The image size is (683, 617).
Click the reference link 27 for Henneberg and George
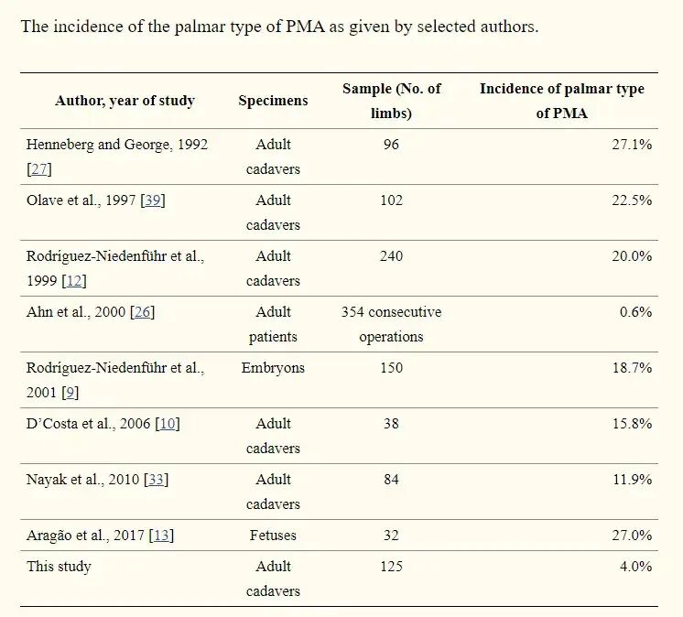[x=39, y=169]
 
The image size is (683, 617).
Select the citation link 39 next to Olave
[x=153, y=200]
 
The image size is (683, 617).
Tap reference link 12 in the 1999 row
[x=74, y=281]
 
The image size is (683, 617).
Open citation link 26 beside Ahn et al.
[x=143, y=312]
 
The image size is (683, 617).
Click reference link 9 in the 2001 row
[x=70, y=393]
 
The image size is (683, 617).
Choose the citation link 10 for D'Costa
[x=168, y=424]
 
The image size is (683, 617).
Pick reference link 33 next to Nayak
[x=156, y=480]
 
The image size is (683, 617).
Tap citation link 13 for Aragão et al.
[x=161, y=536]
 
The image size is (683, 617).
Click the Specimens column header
[x=273, y=101]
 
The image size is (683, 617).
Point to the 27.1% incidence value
[x=632, y=145]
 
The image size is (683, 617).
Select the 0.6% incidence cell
[x=635, y=312]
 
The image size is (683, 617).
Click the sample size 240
[x=391, y=256]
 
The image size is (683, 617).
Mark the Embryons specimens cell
[x=273, y=368]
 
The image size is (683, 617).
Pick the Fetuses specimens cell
[x=273, y=536]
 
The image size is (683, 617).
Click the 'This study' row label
[x=59, y=567]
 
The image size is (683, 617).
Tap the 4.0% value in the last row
[x=635, y=567]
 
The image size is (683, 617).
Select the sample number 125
[x=391, y=567]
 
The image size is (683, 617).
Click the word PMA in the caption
[x=306, y=27]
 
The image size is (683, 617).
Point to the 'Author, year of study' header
[x=125, y=101]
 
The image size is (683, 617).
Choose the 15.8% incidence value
[x=632, y=424]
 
